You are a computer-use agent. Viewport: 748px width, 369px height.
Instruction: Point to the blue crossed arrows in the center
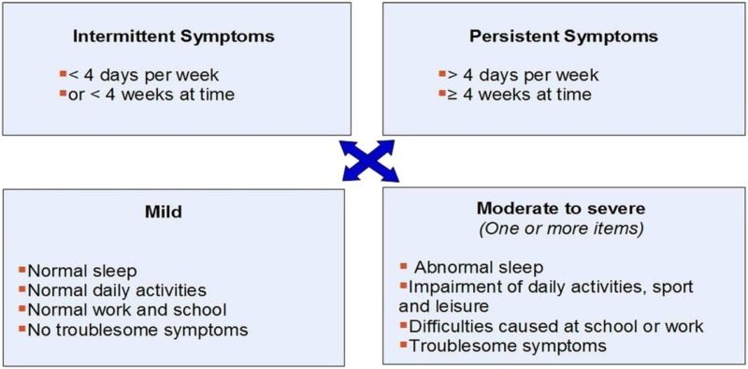tap(370, 160)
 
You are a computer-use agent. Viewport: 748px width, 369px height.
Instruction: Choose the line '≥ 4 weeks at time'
tap(520, 94)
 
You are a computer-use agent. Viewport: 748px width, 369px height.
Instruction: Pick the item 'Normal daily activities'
tap(117, 290)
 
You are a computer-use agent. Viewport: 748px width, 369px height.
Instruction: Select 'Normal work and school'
tap(127, 309)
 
